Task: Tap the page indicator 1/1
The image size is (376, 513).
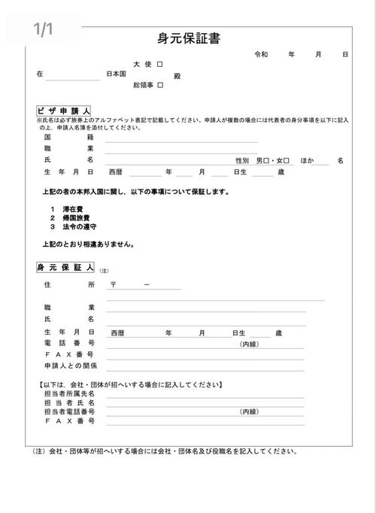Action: tap(44, 29)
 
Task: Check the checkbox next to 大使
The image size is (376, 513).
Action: tap(160, 65)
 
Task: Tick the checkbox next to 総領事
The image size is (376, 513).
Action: tap(160, 86)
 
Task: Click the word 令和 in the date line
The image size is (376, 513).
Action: tap(261, 55)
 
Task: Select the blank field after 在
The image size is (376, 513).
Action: tap(72, 75)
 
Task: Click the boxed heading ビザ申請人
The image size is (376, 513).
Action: tap(64, 111)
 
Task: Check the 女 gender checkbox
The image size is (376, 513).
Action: tap(287, 160)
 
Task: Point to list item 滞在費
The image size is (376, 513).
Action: tap(74, 208)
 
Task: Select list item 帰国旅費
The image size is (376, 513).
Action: tap(76, 217)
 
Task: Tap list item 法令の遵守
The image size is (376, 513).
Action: tap(78, 226)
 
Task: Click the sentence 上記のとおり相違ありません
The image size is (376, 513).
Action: tap(89, 244)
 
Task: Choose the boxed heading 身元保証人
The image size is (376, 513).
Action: tap(65, 268)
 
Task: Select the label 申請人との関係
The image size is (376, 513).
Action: tap(71, 366)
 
